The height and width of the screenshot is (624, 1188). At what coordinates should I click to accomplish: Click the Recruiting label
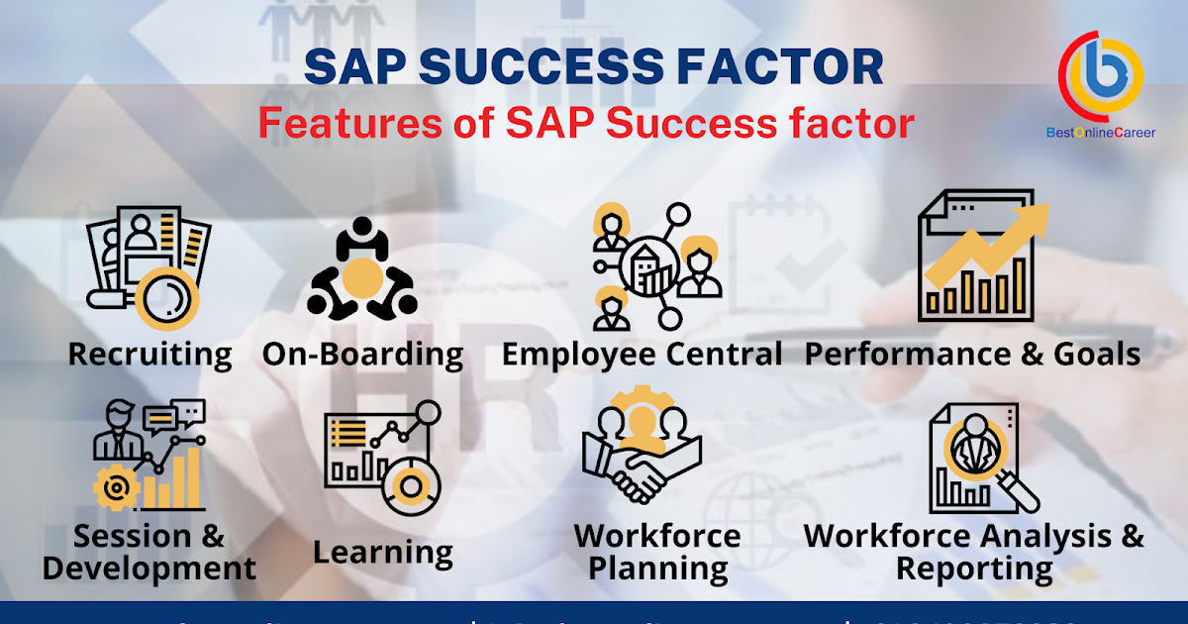(x=149, y=354)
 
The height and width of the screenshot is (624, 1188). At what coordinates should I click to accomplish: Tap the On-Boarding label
(x=362, y=354)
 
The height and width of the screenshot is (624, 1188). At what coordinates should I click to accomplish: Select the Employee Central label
(x=642, y=354)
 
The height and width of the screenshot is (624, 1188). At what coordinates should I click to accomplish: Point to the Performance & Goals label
(x=972, y=354)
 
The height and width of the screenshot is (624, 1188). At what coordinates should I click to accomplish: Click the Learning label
(x=382, y=552)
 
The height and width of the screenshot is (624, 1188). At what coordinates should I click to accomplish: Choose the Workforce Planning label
(x=656, y=552)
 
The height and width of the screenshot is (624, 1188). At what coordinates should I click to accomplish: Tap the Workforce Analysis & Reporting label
(x=973, y=552)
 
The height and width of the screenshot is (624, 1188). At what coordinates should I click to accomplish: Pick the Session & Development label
(x=149, y=552)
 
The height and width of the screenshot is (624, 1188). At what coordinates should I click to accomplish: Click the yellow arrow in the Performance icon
(x=990, y=243)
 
